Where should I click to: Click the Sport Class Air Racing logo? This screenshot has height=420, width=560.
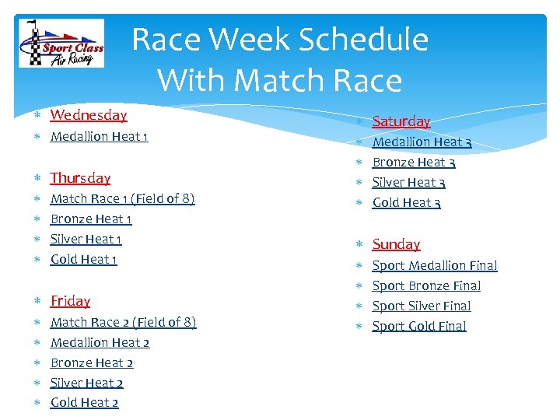pyautogui.click(x=61, y=45)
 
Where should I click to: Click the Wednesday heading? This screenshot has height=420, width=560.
pyautogui.click(x=88, y=115)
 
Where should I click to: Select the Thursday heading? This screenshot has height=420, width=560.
pyautogui.click(x=80, y=178)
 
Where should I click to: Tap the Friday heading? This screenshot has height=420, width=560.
pyautogui.click(x=70, y=301)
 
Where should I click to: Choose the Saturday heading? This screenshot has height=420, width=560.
pyautogui.click(x=401, y=121)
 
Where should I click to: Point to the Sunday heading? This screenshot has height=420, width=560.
pyautogui.click(x=396, y=244)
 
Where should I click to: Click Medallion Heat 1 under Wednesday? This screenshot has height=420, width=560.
pyautogui.click(x=99, y=137)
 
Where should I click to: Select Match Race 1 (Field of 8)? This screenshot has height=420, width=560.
pyautogui.click(x=122, y=198)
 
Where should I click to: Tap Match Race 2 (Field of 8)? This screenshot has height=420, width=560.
pyautogui.click(x=123, y=322)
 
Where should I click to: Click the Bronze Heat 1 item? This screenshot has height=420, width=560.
pyautogui.click(x=91, y=219)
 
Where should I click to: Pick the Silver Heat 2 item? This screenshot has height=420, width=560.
pyautogui.click(x=86, y=383)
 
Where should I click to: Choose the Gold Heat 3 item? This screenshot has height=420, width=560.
pyautogui.click(x=407, y=203)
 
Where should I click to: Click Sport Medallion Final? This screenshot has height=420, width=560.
pyautogui.click(x=435, y=265)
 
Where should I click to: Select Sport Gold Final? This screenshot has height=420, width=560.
pyautogui.click(x=419, y=326)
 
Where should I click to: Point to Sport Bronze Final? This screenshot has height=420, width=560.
pyautogui.click(x=426, y=285)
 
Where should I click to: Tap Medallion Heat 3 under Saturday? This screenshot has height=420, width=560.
pyautogui.click(x=422, y=142)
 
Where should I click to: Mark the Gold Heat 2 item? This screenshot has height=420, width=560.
pyautogui.click(x=84, y=402)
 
